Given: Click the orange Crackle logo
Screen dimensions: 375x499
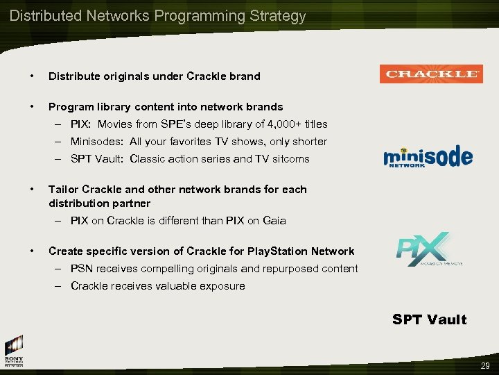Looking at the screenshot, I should point(430,74).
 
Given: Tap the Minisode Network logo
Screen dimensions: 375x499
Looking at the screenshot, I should point(428,157).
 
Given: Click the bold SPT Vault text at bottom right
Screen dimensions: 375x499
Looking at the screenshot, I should point(429,319).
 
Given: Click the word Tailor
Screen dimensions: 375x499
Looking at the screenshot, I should point(63,190).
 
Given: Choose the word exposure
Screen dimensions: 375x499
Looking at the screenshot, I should point(222,286).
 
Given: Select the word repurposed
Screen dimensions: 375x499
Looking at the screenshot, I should point(287,269).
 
